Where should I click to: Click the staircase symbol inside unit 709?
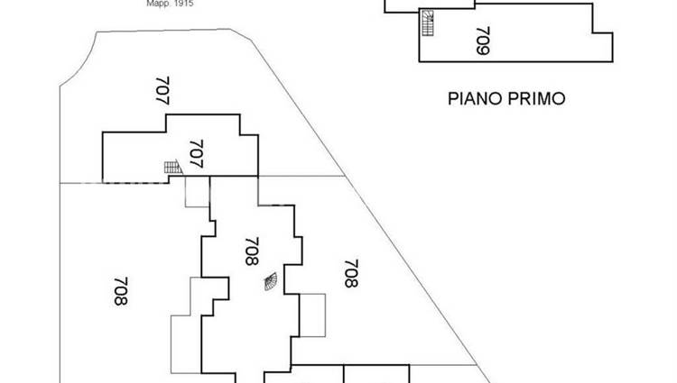(427, 22)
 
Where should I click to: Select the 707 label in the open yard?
(163, 92)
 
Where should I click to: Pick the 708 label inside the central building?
(252, 251)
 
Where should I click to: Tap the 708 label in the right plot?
(351, 273)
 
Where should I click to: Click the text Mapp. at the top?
(157, 4)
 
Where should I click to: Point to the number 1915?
(182, 4)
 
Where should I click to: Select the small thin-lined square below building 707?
(197, 193)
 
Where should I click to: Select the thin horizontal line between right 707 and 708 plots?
(302, 177)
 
